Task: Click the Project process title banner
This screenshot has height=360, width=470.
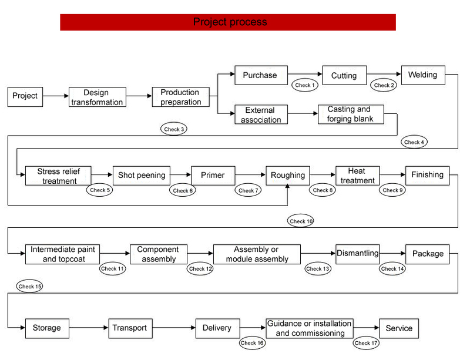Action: pos(228,22)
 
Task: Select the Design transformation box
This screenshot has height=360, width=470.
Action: pos(98,97)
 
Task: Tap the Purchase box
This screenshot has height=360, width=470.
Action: pos(261,75)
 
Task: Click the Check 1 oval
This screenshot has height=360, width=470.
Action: pos(305,85)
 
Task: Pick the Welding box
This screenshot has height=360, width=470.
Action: pos(423,75)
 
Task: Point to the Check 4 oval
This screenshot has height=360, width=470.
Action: pos(414,142)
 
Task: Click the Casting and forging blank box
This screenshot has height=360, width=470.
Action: pos(351,114)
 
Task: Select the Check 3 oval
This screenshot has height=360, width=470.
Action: pos(174,129)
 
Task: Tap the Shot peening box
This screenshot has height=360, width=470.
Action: pos(142,176)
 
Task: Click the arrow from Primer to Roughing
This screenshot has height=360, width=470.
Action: pos(250,175)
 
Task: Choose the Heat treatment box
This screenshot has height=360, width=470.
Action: pos(358,176)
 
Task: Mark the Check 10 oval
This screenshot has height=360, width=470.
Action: pos(300,221)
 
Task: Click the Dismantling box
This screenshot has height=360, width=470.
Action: pos(358,254)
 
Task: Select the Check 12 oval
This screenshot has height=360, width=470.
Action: pos(200,268)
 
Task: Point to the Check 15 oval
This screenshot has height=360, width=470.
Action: pos(29,286)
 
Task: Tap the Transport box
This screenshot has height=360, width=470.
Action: pos(130,328)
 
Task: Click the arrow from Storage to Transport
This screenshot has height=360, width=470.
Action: pos(89,328)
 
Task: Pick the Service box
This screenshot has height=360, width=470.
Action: pos(399,328)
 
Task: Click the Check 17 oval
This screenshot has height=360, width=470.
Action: pos(366,343)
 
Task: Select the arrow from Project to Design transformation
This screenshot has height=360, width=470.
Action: pos(56,96)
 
